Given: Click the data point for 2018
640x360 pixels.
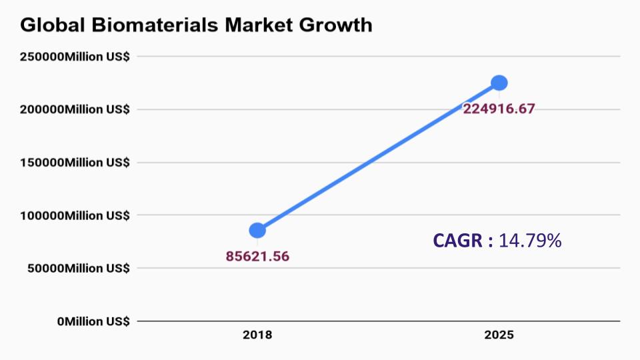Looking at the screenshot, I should click(x=257, y=230).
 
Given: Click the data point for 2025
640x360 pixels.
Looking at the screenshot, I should click(x=499, y=83).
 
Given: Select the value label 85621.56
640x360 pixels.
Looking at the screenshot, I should click(x=258, y=256).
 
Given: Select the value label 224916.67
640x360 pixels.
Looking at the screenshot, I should click(x=499, y=109).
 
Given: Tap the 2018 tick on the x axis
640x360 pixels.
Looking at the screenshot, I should click(x=257, y=335).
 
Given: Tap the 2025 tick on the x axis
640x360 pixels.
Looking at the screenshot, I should click(x=499, y=335).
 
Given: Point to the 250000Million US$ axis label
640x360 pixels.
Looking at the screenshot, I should click(x=75, y=57).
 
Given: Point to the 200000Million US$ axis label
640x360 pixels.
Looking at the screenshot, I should click(x=75, y=109).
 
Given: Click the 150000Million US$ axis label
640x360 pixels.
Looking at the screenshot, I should click(x=75, y=162).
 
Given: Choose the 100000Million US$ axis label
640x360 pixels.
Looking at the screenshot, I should click(x=75, y=215).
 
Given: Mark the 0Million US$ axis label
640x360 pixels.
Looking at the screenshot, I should click(x=93, y=321).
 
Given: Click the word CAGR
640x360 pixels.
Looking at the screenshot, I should click(x=459, y=241).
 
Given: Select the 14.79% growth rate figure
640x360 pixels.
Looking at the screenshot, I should click(x=530, y=241).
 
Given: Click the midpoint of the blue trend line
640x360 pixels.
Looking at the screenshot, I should click(x=378, y=157).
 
